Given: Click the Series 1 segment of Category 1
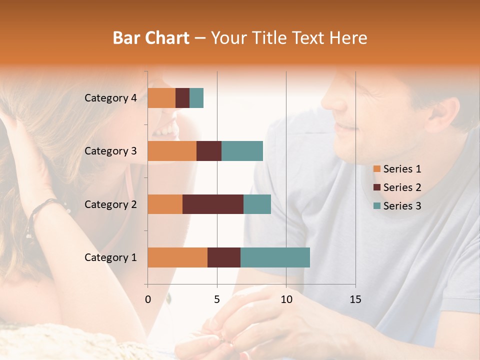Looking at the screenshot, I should pos(177,257).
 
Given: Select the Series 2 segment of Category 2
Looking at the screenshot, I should pos(213,204).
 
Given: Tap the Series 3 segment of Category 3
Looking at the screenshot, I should pos(242,151).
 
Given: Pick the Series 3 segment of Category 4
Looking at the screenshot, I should pos(196,98).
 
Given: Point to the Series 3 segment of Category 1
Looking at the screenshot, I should pos(275,257).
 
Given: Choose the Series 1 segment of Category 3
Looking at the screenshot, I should pos(172,151).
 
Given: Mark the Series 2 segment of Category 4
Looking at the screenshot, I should pos(182,98).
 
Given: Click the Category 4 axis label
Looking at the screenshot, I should pos(110,98).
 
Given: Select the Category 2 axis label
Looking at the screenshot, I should pos(110,204).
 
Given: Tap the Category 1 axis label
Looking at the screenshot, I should pos(110,257).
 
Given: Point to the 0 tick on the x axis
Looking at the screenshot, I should pos(148,299).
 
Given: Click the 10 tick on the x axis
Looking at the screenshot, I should pos(286,299).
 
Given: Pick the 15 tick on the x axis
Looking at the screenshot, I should pos(355,299).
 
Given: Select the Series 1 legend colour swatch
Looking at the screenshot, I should pos(376,169).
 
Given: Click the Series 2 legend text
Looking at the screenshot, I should pos(402,187).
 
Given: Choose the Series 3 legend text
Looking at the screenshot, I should pos(402,206).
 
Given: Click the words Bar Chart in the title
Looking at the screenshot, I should pos(151,37).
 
